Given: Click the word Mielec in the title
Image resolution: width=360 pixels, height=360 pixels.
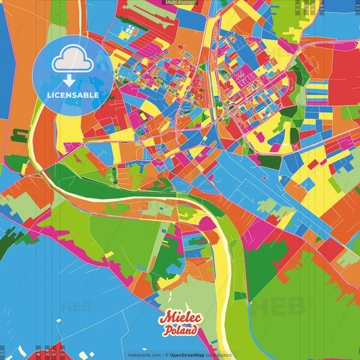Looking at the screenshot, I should pyautogui.click(x=179, y=318).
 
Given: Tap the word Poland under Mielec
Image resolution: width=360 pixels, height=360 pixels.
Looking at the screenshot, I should pyautogui.click(x=180, y=330).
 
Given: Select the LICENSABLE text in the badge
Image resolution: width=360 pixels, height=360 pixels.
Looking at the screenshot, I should pyautogui.click(x=73, y=95).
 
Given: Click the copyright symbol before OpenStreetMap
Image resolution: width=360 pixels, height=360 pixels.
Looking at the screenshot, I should pyautogui.click(x=166, y=355).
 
